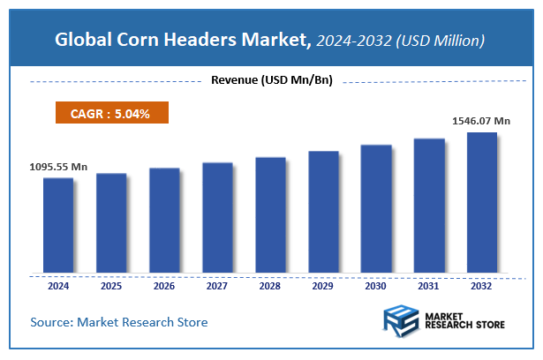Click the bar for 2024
point(58,225)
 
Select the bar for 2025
point(111,222)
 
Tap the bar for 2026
point(164,220)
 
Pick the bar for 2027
point(217,217)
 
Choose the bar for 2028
point(270,214)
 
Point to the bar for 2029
point(323,212)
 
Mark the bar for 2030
point(376,208)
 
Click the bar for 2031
point(429,206)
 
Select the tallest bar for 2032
point(482,202)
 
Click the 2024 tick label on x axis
point(58,286)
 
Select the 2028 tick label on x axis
point(270,286)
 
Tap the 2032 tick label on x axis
point(482,286)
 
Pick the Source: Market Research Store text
point(119,322)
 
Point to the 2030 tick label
point(376,286)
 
